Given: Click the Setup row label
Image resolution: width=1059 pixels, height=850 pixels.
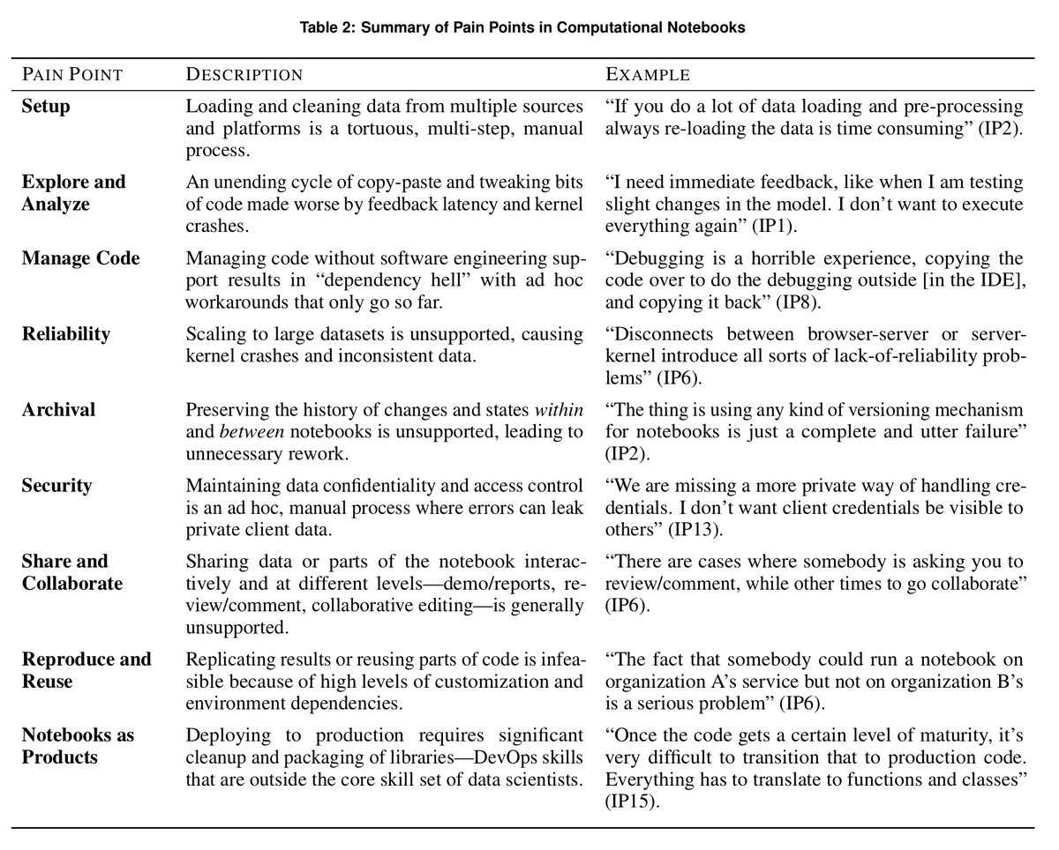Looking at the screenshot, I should [46, 107].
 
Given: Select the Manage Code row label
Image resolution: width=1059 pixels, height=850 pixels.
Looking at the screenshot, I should [80, 258].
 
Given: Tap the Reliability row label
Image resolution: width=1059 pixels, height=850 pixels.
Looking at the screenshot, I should [66, 334].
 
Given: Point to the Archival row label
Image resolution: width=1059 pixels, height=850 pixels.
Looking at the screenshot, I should [58, 410].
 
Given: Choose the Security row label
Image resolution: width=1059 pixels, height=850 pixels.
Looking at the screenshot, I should [56, 486].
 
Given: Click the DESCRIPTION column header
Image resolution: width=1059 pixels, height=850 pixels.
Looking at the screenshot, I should [244, 75].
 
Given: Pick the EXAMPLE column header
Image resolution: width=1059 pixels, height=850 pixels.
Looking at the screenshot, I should [648, 75].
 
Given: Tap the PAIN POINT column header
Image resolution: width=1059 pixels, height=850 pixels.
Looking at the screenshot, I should [72, 75].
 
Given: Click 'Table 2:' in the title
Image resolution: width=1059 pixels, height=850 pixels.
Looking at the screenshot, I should [327, 27].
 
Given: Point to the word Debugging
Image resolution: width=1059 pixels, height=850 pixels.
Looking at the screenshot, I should [652, 258].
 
